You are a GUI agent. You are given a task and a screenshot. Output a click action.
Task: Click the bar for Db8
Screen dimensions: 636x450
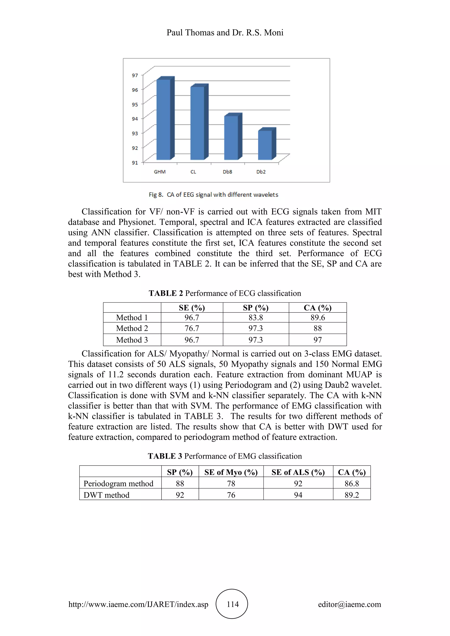click(x=231, y=138)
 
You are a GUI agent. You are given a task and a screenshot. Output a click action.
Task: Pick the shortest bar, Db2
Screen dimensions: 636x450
click(x=265, y=145)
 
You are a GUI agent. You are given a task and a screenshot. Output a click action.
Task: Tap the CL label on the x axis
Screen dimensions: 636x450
click(x=193, y=172)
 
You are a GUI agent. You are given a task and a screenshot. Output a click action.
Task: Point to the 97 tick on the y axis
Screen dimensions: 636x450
click(x=135, y=75)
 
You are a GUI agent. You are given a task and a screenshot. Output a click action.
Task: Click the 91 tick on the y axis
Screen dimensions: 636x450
click(x=135, y=163)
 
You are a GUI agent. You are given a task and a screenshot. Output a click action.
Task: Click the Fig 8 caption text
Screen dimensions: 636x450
click(x=213, y=195)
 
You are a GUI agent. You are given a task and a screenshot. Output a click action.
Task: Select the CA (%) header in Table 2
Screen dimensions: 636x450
click(x=318, y=308)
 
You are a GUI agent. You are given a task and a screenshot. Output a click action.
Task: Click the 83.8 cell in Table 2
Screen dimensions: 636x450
click(x=256, y=317)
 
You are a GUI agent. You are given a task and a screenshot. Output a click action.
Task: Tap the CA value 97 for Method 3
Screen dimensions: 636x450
click(x=318, y=340)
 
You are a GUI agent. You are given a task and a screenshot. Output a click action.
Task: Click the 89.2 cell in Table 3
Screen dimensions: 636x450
click(x=352, y=495)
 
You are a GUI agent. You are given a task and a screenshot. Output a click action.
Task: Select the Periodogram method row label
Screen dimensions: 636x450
click(x=118, y=484)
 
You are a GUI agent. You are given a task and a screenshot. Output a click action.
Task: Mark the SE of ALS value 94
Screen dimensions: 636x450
click(x=298, y=495)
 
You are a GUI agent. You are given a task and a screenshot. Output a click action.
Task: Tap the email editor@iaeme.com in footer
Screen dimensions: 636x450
click(x=349, y=604)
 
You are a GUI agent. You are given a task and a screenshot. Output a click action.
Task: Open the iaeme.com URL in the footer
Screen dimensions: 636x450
click(x=138, y=604)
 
